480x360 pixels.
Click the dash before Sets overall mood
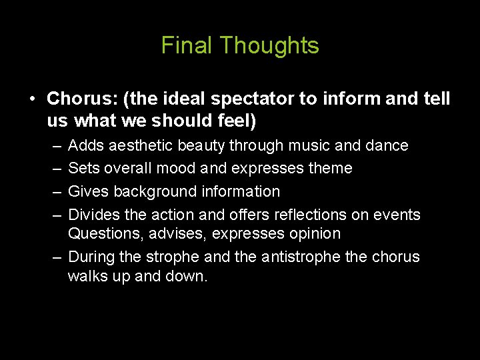pyautogui.click(x=55, y=169)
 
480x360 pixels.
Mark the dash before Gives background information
pyautogui.click(x=55, y=192)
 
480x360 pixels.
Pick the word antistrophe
pyautogui.click(x=287, y=257)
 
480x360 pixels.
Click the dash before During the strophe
pyautogui.click(x=55, y=257)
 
